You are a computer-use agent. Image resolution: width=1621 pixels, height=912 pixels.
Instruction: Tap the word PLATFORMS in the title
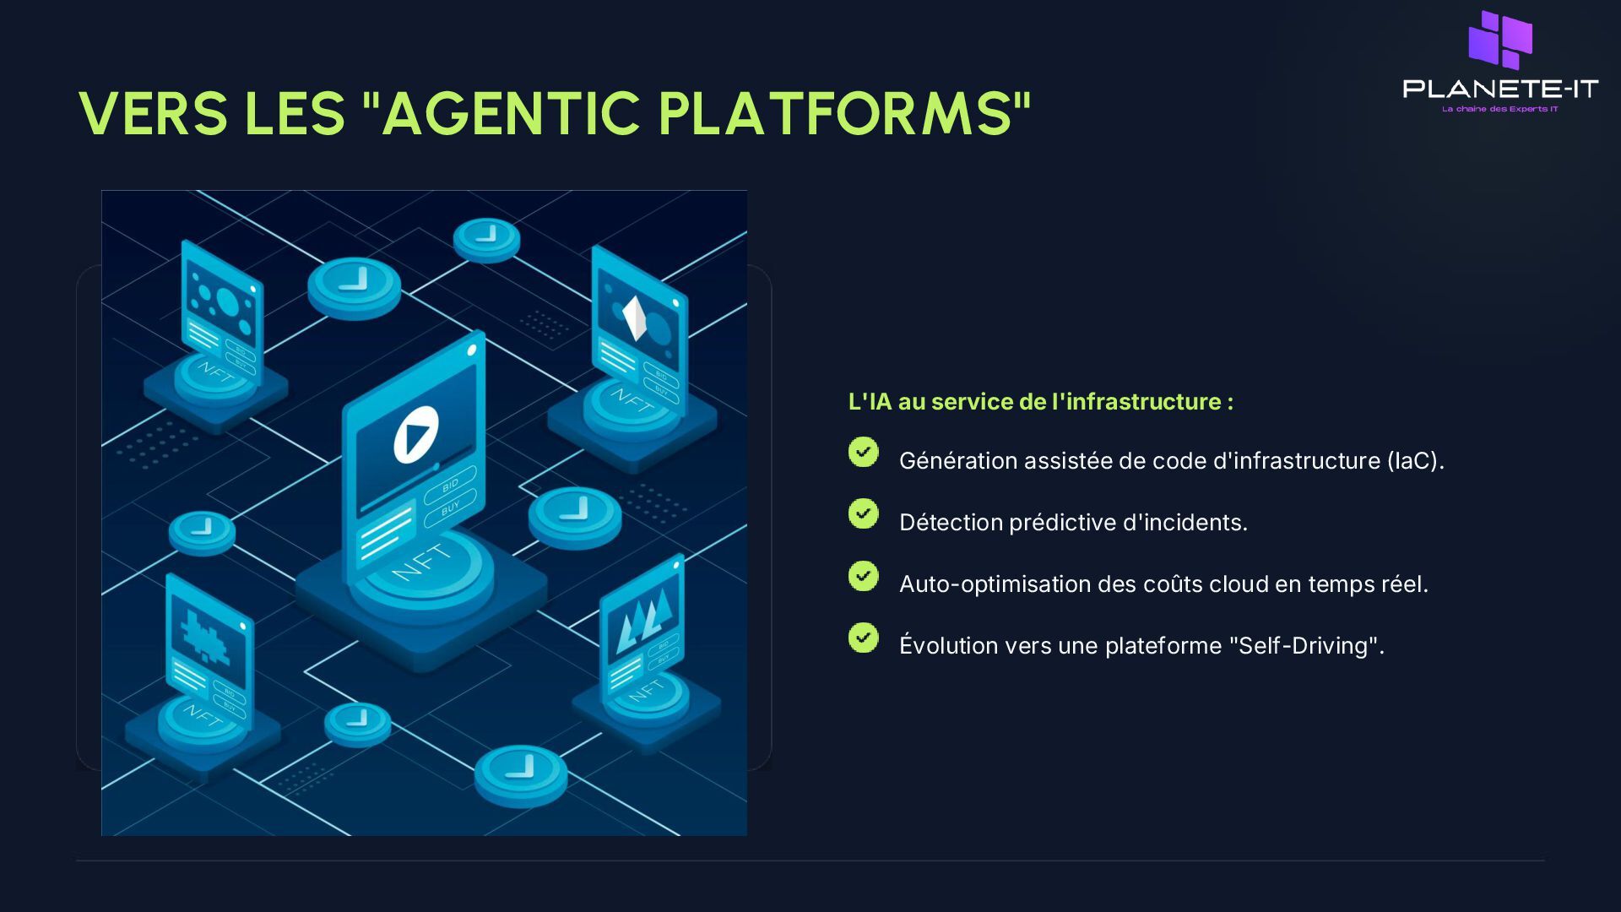835,114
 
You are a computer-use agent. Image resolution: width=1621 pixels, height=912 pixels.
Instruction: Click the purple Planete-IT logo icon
1500,40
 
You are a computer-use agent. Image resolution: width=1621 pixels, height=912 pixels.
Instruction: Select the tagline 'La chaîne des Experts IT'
1500,109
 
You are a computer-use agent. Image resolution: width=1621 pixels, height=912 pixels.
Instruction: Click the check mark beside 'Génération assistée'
863,453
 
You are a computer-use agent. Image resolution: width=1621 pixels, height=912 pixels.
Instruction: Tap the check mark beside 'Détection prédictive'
863,514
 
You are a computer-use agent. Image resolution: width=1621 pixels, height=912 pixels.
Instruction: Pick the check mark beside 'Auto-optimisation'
863,577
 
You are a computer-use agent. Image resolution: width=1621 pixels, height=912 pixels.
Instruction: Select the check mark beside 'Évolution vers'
863,638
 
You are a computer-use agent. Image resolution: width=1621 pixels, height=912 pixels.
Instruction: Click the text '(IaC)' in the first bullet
1415,461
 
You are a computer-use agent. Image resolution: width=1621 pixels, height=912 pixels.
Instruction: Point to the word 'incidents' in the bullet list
1202,523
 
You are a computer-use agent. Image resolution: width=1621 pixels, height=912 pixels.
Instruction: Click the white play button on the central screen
416,434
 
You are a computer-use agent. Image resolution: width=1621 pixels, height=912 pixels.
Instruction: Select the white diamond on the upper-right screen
634,318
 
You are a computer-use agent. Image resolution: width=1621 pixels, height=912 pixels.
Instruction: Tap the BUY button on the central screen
451,508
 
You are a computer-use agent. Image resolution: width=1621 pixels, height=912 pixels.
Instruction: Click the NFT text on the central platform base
421,562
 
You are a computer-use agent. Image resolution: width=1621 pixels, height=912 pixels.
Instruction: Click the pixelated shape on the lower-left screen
205,636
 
